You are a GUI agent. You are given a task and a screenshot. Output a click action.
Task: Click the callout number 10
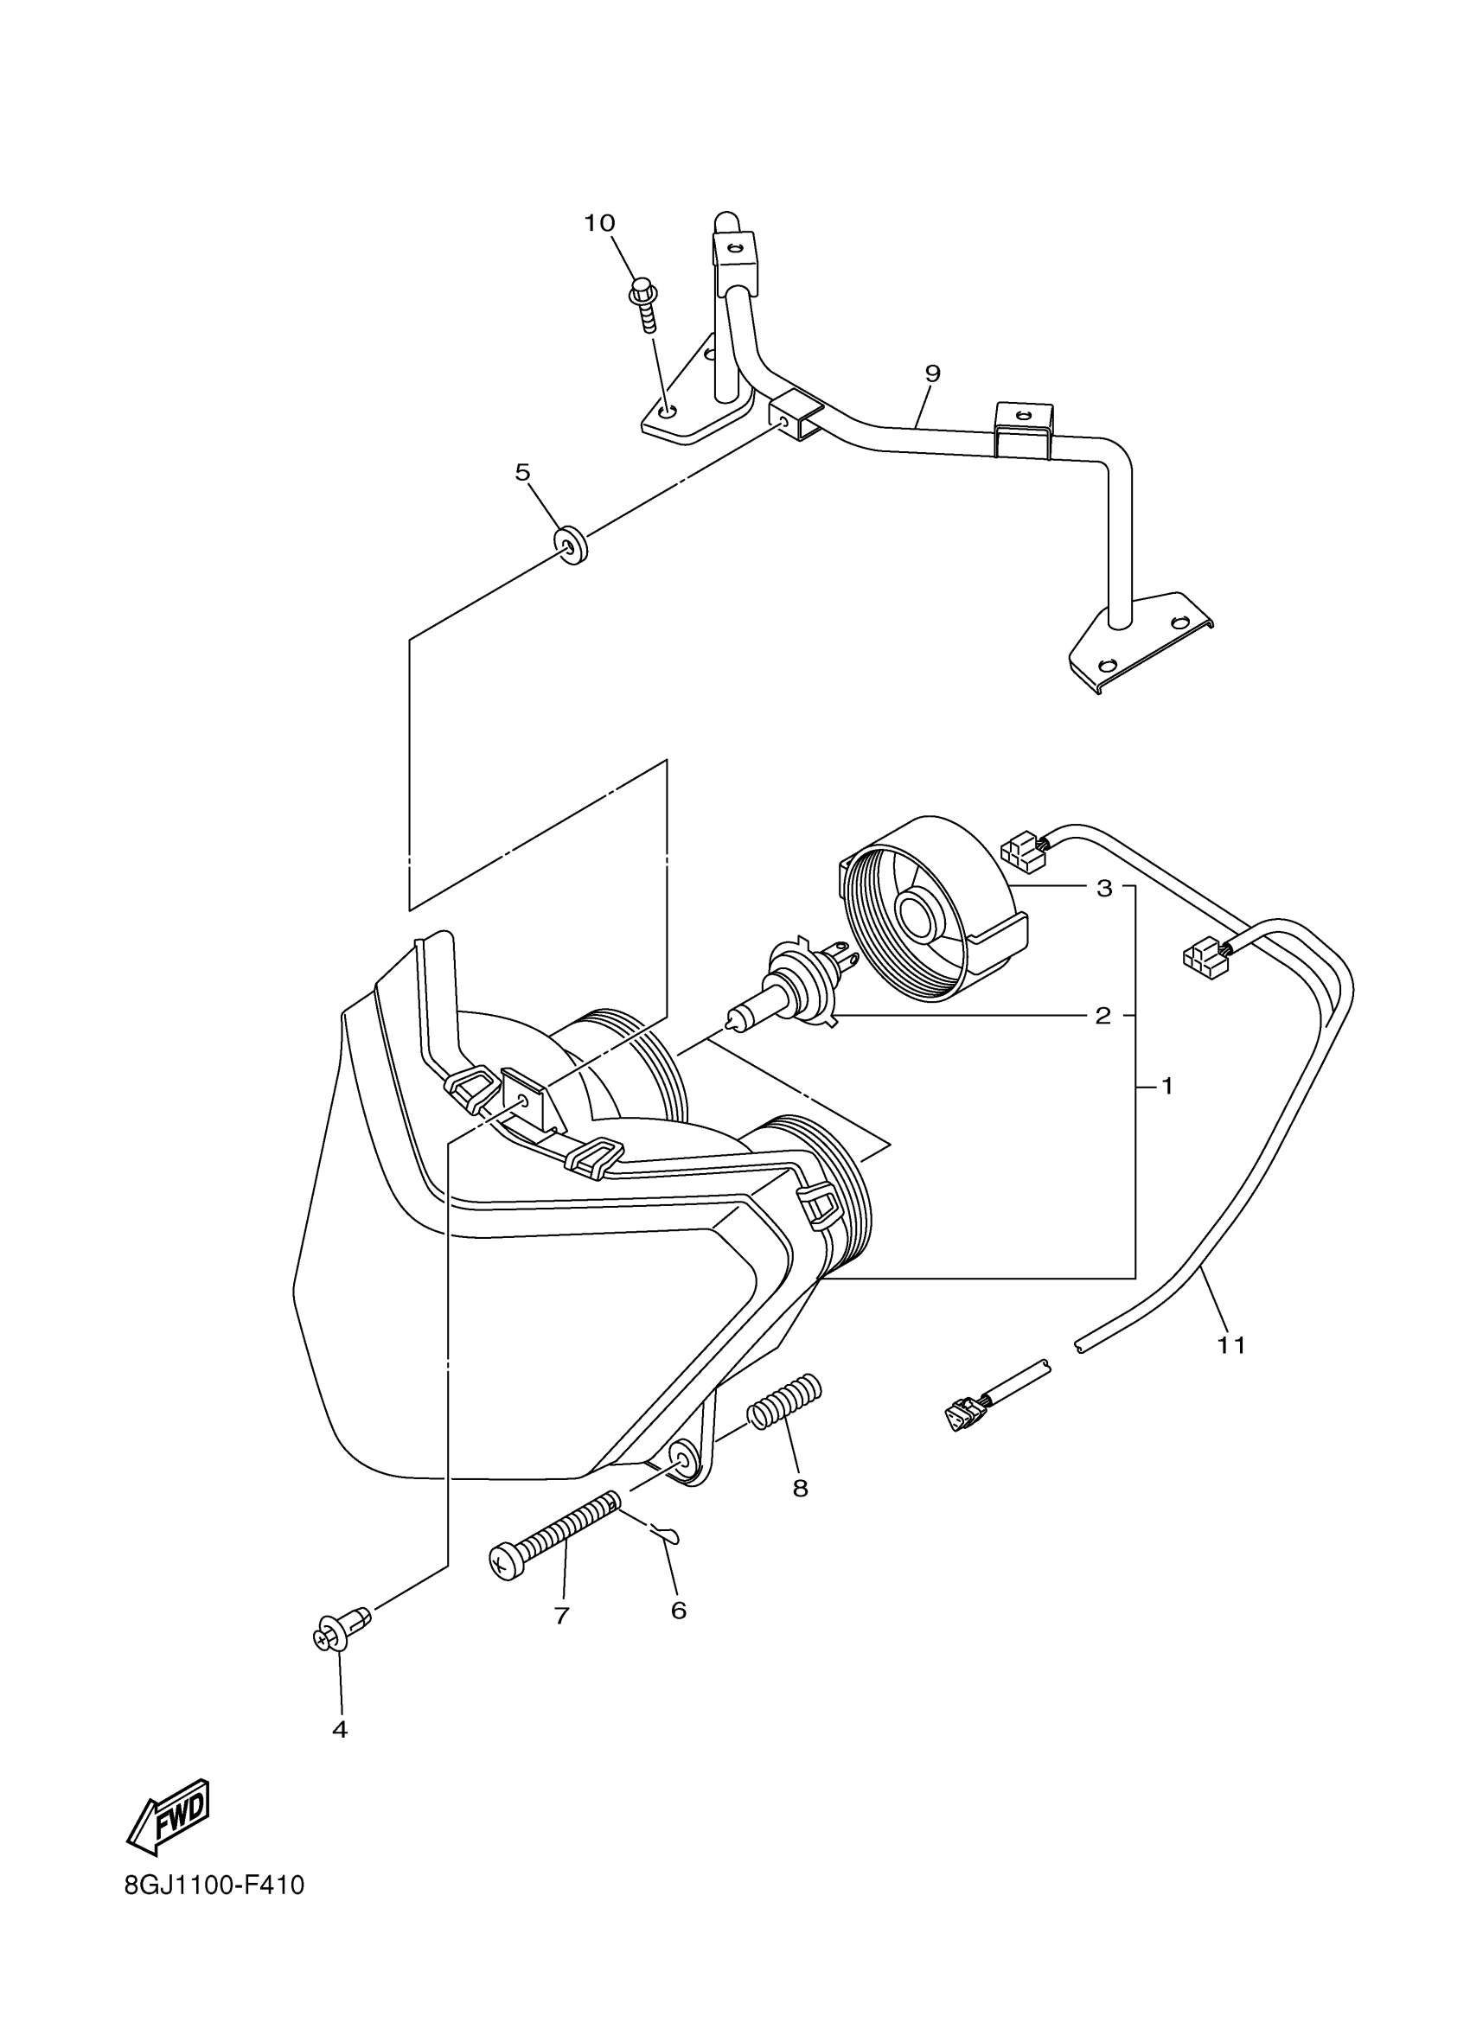[600, 223]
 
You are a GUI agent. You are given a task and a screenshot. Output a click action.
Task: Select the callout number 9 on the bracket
[932, 373]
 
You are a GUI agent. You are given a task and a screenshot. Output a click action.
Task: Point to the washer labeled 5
[570, 545]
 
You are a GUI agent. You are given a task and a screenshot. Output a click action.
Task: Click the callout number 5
[522, 471]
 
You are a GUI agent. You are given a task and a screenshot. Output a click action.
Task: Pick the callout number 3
[1104, 889]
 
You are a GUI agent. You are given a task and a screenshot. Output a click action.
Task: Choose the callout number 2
[1103, 1016]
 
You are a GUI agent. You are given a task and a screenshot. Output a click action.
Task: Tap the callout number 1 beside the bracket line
[1166, 1086]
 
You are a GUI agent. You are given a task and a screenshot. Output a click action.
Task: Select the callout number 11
[1231, 1369]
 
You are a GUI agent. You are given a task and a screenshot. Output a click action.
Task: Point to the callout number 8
[800, 1488]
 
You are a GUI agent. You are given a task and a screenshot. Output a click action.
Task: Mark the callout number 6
[678, 1611]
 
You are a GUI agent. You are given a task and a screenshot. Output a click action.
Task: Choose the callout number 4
[339, 1729]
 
